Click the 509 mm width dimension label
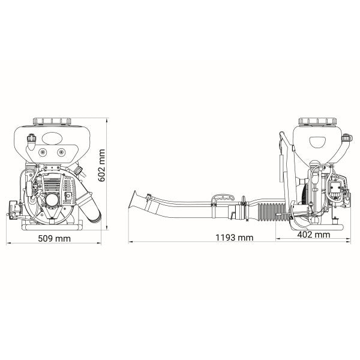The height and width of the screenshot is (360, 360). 54,239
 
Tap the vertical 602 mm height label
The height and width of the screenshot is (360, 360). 101,166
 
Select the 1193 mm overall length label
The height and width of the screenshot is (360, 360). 235,238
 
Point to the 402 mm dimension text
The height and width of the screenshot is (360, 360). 314,235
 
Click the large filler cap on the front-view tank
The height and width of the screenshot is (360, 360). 52,121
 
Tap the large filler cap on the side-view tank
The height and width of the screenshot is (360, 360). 317,121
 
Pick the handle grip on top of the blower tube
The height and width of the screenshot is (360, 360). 223,198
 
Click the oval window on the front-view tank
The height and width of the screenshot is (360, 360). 52,139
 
